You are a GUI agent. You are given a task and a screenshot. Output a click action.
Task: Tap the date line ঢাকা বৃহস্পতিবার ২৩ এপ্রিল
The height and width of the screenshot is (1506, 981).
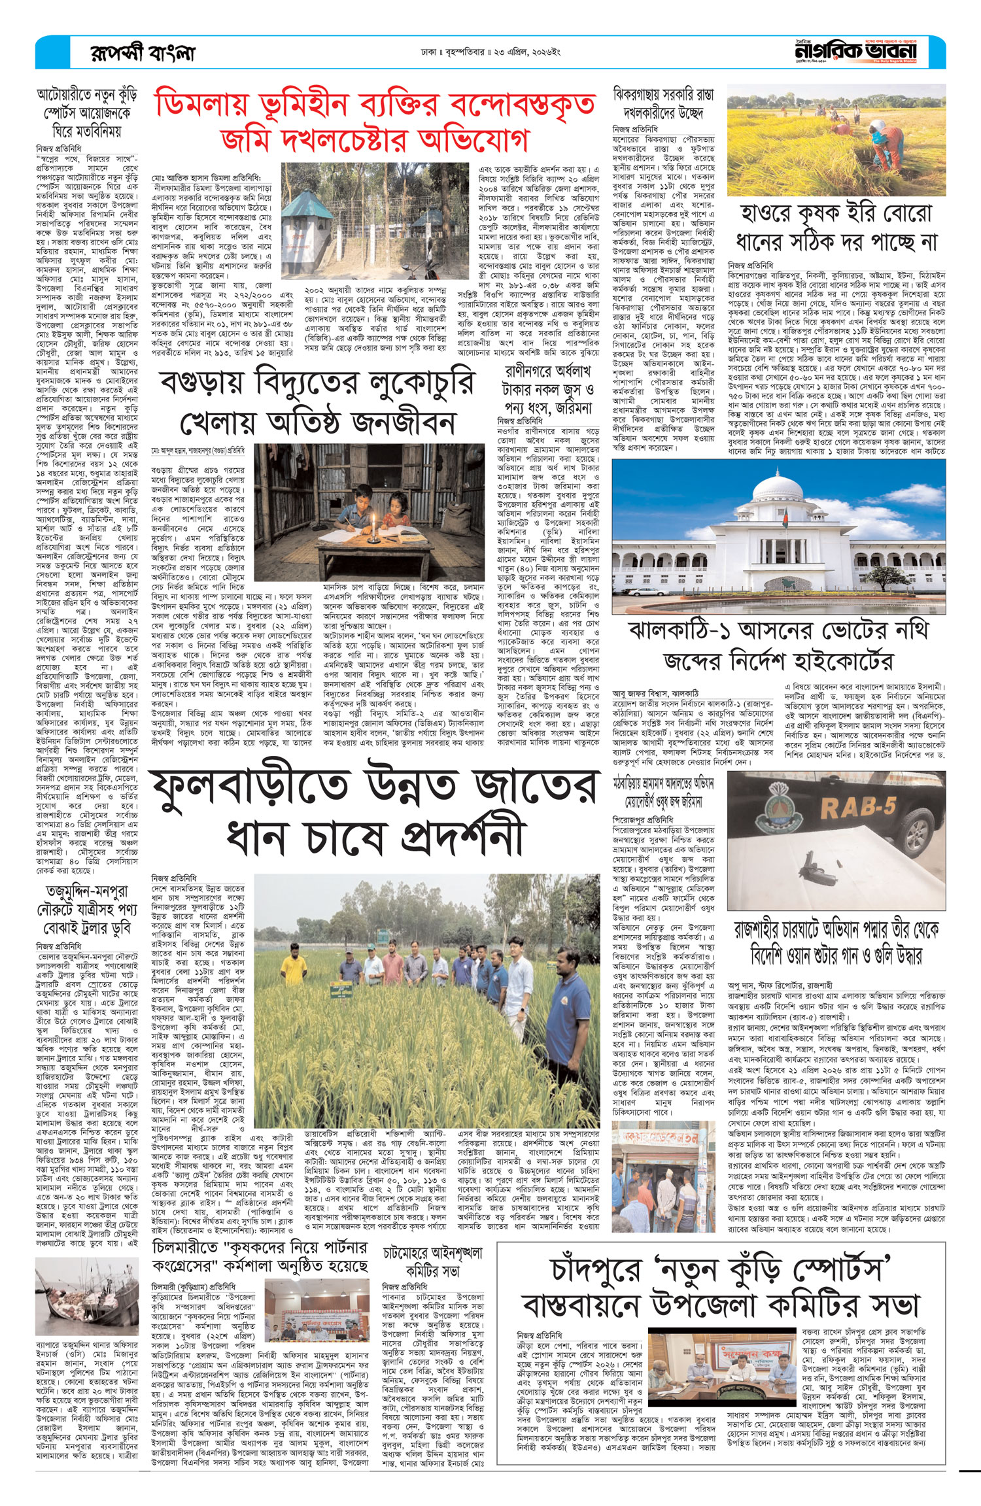[490, 52]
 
